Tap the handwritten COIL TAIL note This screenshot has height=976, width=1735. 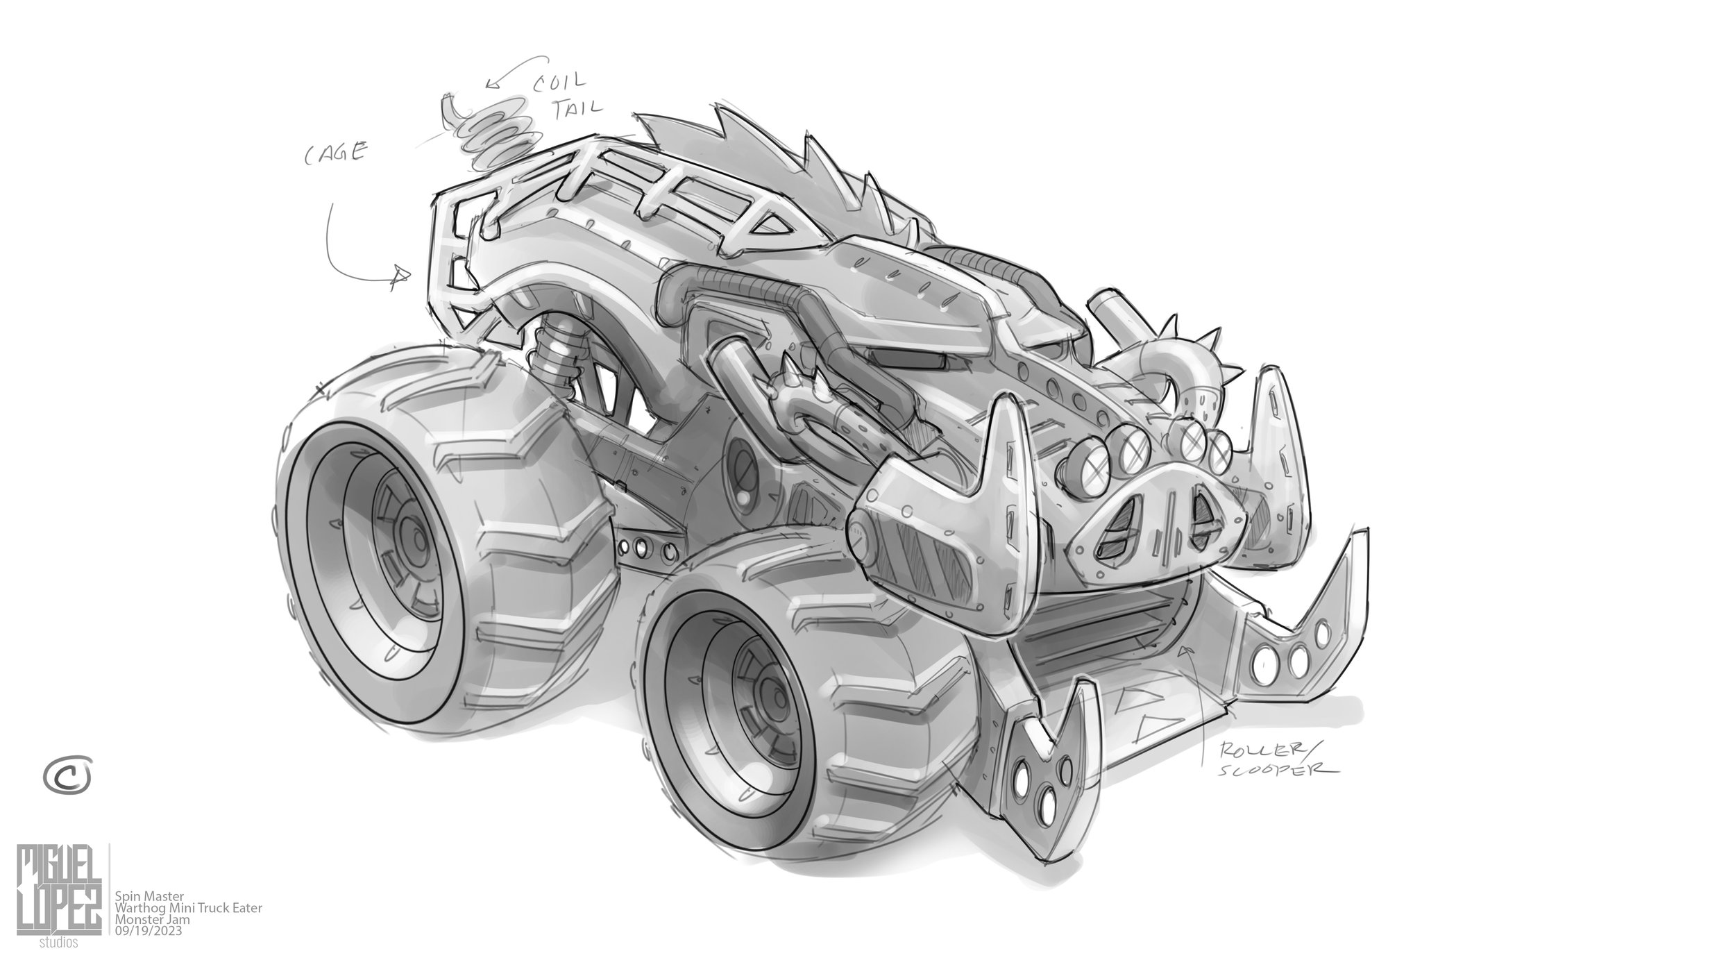coord(563,100)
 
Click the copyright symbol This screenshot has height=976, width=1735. coord(67,775)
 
